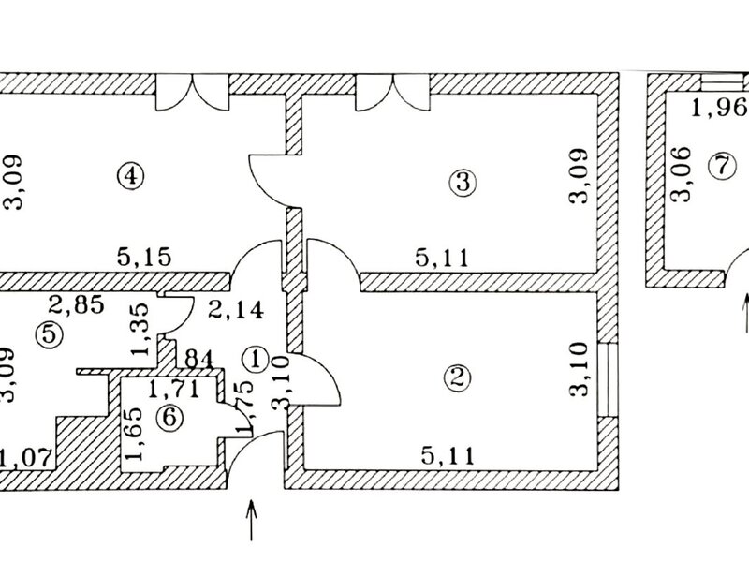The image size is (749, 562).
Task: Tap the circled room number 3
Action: point(458,183)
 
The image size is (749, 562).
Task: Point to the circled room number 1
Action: point(254,357)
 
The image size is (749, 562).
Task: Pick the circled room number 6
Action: point(169,418)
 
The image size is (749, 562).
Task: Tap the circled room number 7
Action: point(718,166)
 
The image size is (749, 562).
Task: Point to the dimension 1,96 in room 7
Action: point(714,109)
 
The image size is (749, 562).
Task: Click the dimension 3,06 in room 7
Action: point(680,174)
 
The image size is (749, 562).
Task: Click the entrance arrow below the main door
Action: point(251,519)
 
